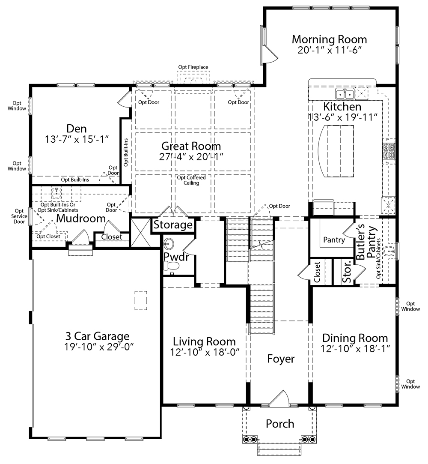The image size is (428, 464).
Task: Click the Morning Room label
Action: tap(329, 39)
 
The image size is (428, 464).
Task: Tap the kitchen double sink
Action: tap(345, 94)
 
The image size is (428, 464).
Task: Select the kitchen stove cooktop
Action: tap(389, 151)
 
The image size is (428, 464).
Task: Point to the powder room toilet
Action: tap(172, 266)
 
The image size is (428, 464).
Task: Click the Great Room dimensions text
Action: tap(191, 156)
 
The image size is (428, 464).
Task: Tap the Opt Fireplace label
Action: tap(193, 67)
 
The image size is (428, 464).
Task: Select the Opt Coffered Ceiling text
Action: tap(191, 180)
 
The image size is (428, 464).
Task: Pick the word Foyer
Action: tap(281, 359)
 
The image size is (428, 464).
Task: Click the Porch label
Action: tap(280, 424)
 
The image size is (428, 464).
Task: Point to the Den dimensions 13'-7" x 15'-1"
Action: tap(77, 139)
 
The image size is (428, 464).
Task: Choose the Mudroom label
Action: tap(81, 219)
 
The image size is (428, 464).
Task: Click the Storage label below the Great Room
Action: tap(173, 225)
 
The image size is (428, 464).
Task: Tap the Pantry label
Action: tap(334, 239)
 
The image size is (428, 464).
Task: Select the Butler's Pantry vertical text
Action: tap(366, 242)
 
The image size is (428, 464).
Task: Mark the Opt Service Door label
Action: tap(19, 216)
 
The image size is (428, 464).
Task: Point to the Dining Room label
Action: tap(355, 338)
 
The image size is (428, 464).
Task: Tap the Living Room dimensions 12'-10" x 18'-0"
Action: tap(205, 352)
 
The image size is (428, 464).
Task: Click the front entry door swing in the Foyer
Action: tap(279, 398)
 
